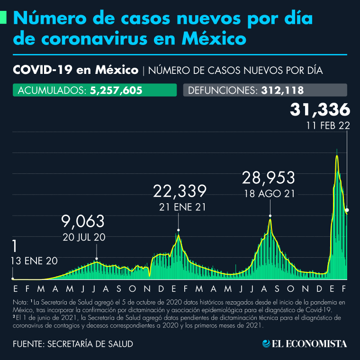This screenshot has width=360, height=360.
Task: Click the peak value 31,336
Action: [320, 109]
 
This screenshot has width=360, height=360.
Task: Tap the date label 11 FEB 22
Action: [327, 126]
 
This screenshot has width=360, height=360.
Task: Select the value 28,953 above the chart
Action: [269, 178]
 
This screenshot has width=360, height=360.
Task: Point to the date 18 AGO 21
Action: [269, 193]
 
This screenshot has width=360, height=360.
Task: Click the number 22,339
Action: [180, 191]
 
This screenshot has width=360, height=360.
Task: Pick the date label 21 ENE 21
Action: [180, 207]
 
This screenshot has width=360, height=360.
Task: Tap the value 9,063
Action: [83, 221]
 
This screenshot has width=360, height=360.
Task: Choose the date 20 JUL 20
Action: [83, 237]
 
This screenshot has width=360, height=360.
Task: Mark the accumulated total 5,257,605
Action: [116, 90]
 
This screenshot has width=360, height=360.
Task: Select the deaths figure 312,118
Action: [282, 90]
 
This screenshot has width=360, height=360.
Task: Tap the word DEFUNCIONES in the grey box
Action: [223, 90]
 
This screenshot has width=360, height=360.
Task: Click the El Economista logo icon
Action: [266, 343]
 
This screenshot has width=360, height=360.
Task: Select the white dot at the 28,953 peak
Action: [270, 216]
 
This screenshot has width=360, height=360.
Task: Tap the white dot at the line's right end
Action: [347, 209]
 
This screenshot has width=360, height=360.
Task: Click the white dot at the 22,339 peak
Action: [179, 230]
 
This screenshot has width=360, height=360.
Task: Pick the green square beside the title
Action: [3, 18]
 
